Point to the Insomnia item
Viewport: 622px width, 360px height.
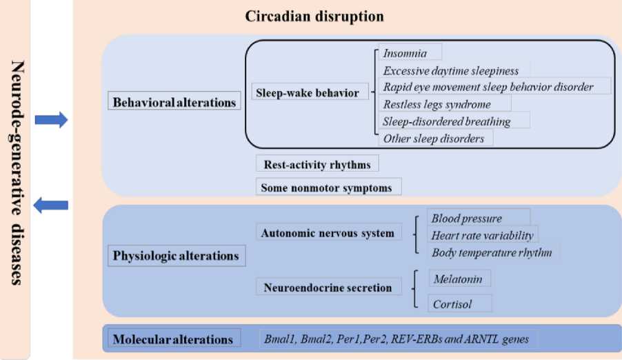pyautogui.click(x=406, y=52)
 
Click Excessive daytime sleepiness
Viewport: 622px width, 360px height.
pyautogui.click(x=451, y=70)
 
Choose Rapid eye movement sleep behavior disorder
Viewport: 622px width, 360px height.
pyautogui.click(x=488, y=87)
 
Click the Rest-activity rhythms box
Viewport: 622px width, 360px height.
pyautogui.click(x=317, y=165)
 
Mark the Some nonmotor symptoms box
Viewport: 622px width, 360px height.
pyautogui.click(x=328, y=187)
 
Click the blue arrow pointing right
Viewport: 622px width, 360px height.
pyautogui.click(x=51, y=120)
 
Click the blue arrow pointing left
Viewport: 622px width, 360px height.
pyautogui.click(x=51, y=205)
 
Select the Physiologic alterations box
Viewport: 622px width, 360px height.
pyautogui.click(x=176, y=256)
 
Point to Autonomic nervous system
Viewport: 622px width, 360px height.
pyautogui.click(x=328, y=233)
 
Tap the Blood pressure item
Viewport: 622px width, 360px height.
pyautogui.click(x=466, y=219)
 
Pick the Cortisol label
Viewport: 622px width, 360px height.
pyautogui.click(x=452, y=303)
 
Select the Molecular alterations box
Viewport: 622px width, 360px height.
pyautogui.click(x=172, y=339)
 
